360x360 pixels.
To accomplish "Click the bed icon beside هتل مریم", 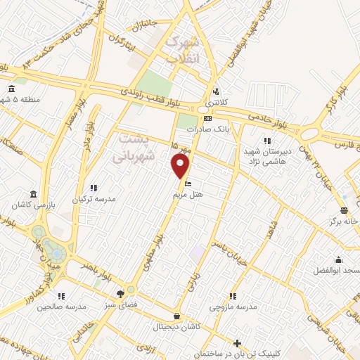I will [x=177, y=185].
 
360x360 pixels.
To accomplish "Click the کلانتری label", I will [x=217, y=103].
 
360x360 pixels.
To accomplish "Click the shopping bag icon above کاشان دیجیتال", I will [x=176, y=316].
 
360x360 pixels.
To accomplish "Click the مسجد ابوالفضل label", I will [x=337, y=271].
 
